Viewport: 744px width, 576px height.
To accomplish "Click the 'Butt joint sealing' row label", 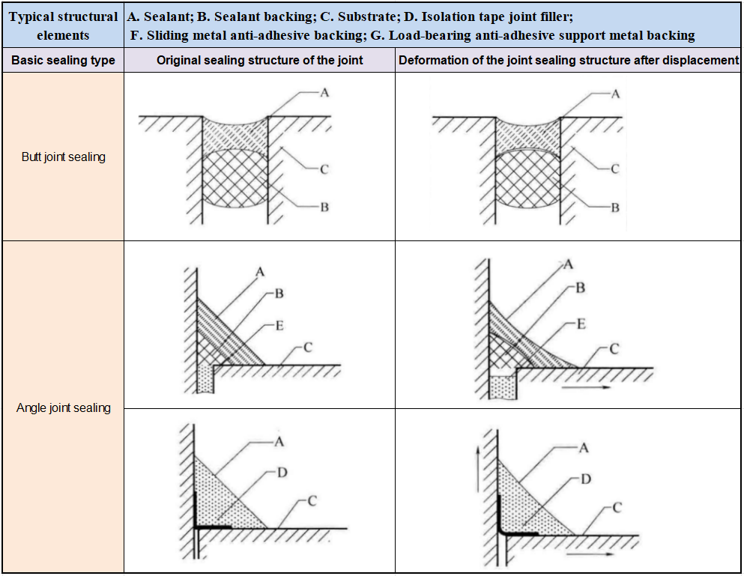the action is click(x=64, y=157).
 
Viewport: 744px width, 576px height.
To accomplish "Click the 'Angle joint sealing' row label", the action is click(x=64, y=407).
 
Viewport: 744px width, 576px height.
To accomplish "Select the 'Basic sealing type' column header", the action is click(x=63, y=60).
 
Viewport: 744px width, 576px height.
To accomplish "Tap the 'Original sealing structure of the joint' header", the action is click(x=259, y=60).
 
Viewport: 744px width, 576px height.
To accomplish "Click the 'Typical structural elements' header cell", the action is click(x=63, y=25).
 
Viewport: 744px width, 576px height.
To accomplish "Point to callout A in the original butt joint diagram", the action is click(x=324, y=93).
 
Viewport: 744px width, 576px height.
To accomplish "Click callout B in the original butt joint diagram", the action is click(x=324, y=207).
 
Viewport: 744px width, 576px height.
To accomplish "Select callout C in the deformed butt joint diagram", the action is click(x=615, y=169).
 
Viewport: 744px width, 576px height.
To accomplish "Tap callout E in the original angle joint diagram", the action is click(x=279, y=326).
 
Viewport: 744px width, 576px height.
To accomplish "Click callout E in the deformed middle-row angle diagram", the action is click(x=581, y=324).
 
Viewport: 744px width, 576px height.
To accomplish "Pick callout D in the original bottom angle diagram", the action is click(x=282, y=473).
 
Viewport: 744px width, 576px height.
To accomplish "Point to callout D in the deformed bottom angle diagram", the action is click(x=586, y=479).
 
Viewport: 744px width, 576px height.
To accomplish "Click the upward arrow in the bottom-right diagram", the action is click(x=478, y=469).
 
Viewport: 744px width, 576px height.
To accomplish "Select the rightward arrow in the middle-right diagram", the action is click(x=586, y=387).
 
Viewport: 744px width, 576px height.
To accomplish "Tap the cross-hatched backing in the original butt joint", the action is click(x=235, y=179).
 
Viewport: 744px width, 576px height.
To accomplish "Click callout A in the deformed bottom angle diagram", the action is click(x=584, y=447).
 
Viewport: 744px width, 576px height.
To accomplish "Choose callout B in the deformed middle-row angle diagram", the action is click(x=581, y=288).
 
